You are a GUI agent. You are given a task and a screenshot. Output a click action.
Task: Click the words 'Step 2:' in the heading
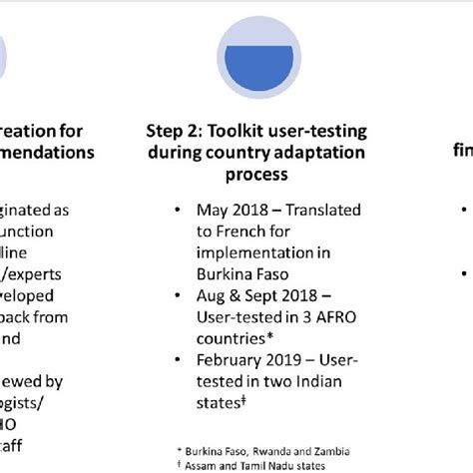click(172, 130)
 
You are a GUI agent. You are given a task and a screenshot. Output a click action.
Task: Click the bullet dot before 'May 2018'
click(177, 209)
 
